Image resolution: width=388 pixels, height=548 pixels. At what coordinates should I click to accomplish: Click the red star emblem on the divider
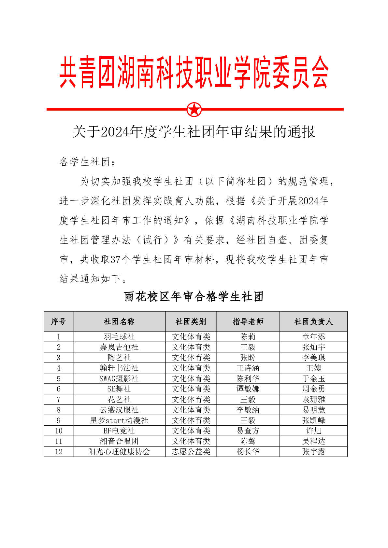[194, 110]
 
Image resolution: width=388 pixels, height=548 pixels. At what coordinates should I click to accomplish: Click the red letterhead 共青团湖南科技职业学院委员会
[194, 72]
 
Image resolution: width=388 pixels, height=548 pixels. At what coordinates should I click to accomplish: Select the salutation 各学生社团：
[87, 162]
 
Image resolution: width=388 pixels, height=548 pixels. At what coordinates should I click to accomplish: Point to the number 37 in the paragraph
[115, 259]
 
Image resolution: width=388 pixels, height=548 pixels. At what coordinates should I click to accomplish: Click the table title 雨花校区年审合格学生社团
[194, 296]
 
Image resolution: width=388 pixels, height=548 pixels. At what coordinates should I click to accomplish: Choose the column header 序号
[59, 322]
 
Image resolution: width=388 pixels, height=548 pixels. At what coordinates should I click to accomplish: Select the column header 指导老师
[248, 322]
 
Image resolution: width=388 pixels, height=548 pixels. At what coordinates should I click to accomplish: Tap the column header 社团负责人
[313, 322]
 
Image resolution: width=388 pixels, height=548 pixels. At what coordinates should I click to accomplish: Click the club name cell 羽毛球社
[119, 337]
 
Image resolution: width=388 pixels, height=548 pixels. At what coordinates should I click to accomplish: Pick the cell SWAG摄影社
[119, 378]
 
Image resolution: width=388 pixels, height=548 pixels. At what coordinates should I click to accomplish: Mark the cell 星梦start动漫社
[119, 420]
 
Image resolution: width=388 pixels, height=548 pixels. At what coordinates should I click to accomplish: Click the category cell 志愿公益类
[191, 452]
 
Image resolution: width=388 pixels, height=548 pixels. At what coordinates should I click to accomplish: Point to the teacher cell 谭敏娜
[248, 389]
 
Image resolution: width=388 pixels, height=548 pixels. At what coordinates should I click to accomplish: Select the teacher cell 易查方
[248, 431]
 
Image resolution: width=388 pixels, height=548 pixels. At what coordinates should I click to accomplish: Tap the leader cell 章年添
[313, 337]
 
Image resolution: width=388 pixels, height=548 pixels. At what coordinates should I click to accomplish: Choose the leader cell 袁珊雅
[313, 399]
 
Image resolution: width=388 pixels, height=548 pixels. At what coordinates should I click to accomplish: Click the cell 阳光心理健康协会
[119, 452]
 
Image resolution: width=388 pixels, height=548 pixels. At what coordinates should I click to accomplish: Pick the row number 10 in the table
[59, 431]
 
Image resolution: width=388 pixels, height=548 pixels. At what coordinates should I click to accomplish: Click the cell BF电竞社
[119, 431]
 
